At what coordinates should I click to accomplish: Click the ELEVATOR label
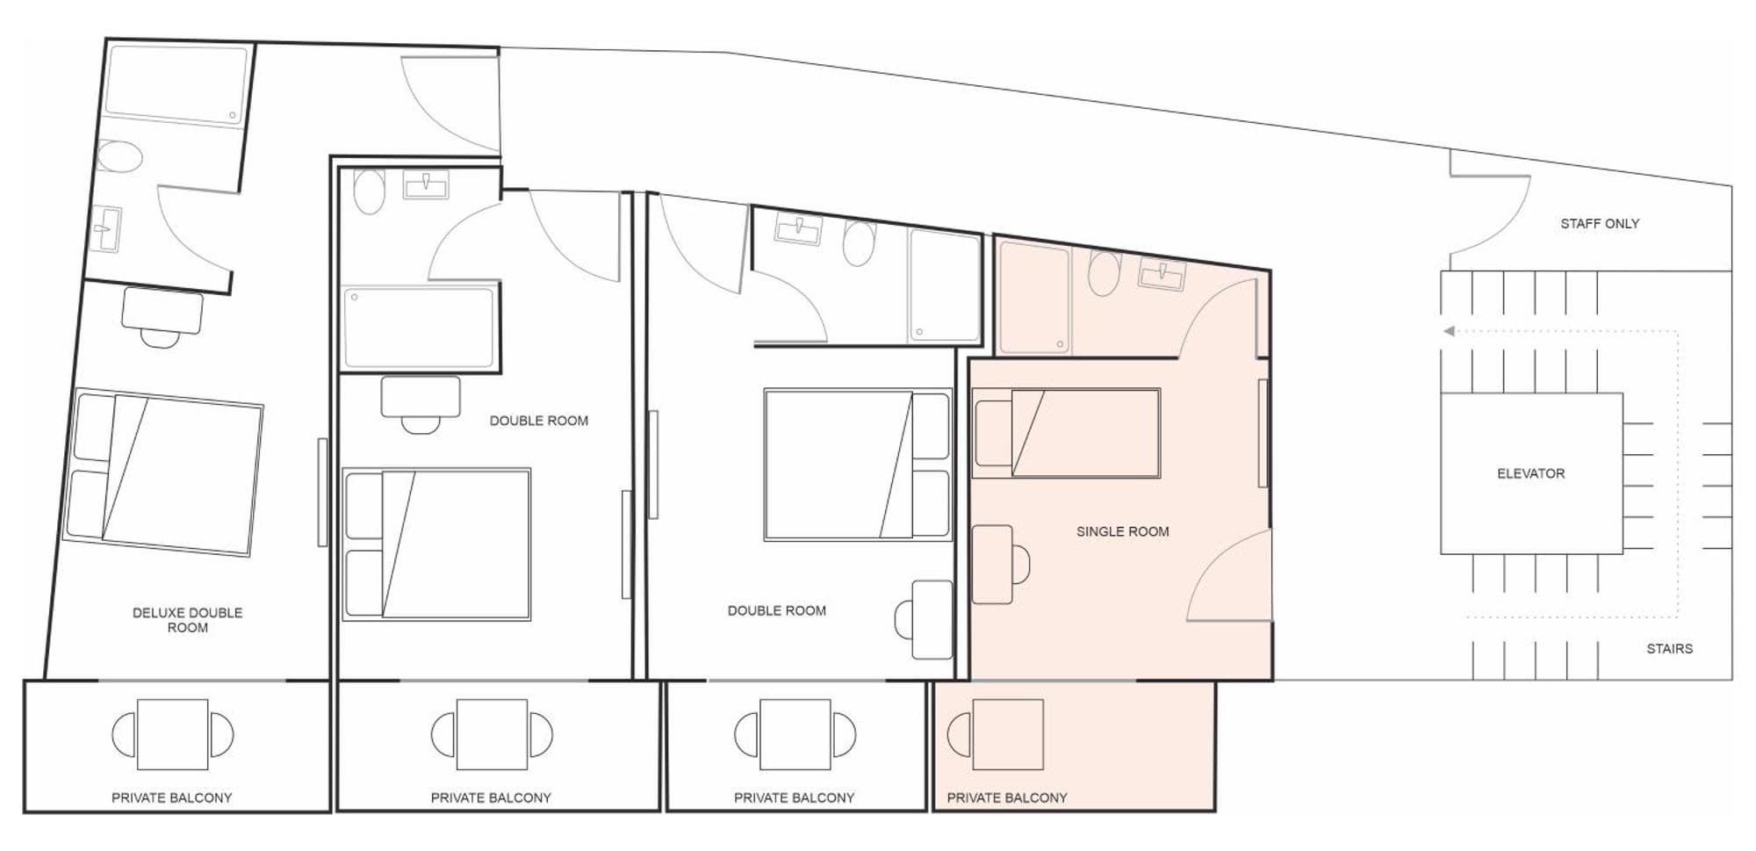[x=1530, y=473]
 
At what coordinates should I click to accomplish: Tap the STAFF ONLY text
[x=1600, y=224]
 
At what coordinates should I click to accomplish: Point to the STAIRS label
[x=1669, y=649]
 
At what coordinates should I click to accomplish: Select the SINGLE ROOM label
[x=1122, y=531]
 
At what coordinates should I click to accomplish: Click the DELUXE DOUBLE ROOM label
[x=187, y=620]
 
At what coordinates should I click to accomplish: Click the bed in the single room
[x=1067, y=433]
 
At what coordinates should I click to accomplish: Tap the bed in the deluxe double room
[x=163, y=472]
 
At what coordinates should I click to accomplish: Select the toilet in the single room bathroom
[x=1105, y=272]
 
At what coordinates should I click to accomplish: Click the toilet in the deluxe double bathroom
[x=119, y=157]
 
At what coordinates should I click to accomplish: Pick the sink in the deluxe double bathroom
[x=107, y=228]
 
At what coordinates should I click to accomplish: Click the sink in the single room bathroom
[x=1162, y=276]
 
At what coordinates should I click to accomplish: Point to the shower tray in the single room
[x=1035, y=298]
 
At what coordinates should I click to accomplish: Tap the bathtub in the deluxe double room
[x=176, y=84]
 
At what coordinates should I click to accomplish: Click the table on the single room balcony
[x=1008, y=734]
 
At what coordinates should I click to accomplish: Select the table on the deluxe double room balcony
[x=173, y=734]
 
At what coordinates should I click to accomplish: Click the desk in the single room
[x=993, y=565]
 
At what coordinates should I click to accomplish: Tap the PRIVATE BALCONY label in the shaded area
[x=1007, y=798]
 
